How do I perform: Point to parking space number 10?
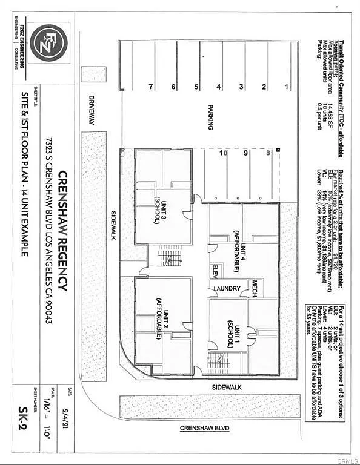click(x=224, y=154)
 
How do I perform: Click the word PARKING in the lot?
click(x=210, y=116)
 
